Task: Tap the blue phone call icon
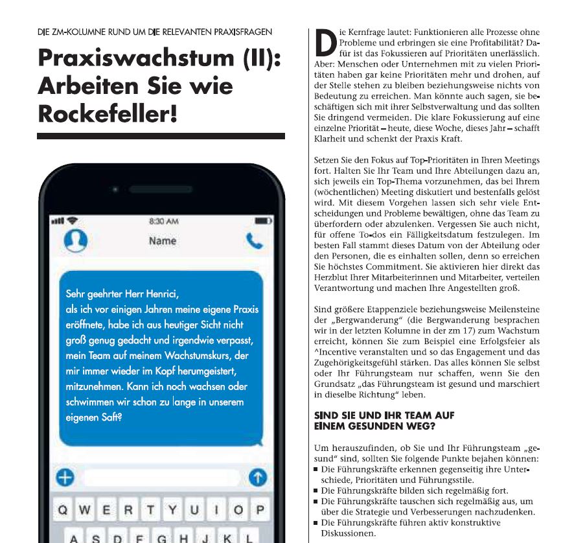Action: tap(255, 241)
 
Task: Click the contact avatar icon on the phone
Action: tap(75, 242)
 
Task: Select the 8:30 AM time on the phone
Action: tap(163, 221)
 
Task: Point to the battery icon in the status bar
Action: tap(261, 221)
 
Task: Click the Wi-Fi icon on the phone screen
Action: tap(72, 221)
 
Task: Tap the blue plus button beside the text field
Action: tap(65, 478)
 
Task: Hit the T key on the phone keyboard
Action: tap(150, 510)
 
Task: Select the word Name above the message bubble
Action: tap(163, 241)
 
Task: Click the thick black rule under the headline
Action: tap(161, 136)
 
